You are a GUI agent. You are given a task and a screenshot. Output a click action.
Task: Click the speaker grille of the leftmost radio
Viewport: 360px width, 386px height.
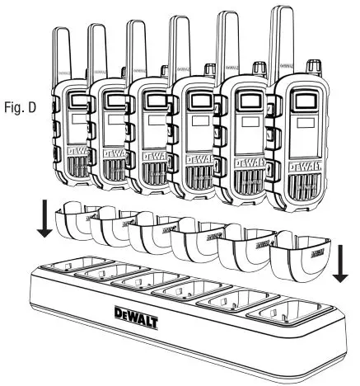click(71, 168)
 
